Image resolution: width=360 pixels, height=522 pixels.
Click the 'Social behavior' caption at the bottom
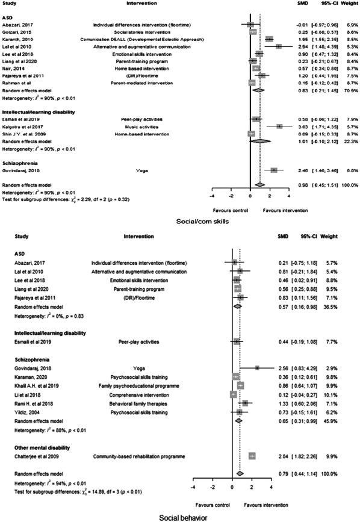[x=181, y=517]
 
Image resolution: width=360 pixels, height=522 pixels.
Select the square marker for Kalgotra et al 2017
[x=279, y=126]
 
